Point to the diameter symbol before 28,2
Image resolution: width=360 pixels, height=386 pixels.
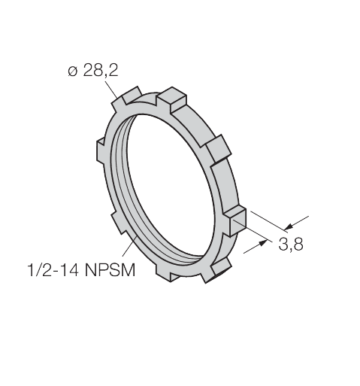(x=71, y=73)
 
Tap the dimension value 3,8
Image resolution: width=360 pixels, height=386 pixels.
(x=290, y=245)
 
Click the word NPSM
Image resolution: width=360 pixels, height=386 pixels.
(x=114, y=269)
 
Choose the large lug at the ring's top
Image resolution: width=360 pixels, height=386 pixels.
(x=173, y=97)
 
